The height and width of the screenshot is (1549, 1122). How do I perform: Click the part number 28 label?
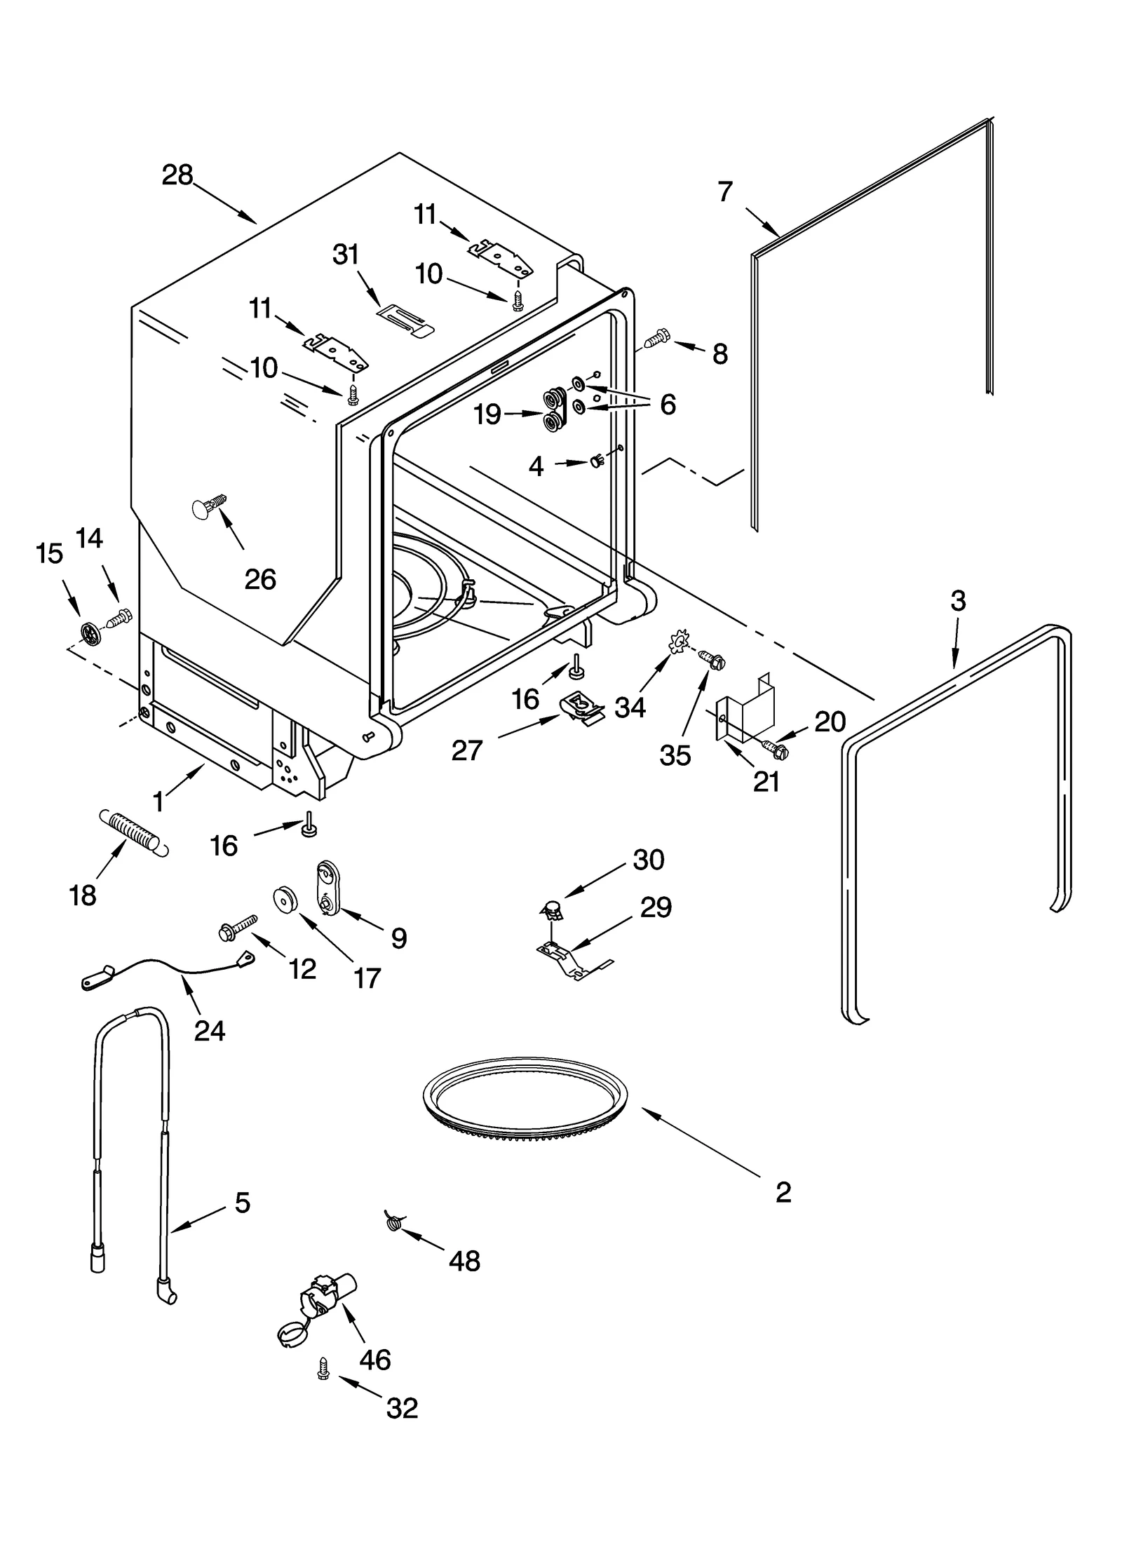click(177, 175)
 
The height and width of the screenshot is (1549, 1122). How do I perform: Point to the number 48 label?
click(464, 1261)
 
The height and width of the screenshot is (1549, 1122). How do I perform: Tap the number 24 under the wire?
click(209, 1030)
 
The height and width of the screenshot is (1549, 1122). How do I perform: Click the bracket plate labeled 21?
click(747, 708)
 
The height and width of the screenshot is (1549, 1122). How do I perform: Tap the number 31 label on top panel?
click(345, 255)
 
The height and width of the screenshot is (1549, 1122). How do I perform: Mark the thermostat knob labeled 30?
click(555, 910)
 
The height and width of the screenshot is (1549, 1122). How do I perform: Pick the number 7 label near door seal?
click(725, 191)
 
